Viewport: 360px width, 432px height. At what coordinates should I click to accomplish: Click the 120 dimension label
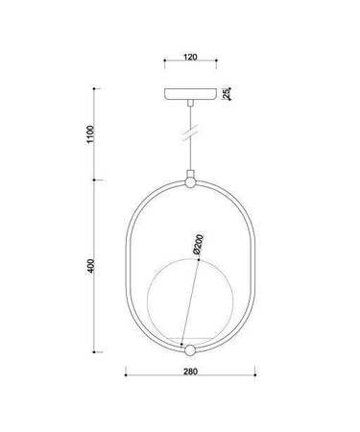(x=190, y=58)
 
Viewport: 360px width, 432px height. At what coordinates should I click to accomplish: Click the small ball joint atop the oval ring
(x=190, y=180)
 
